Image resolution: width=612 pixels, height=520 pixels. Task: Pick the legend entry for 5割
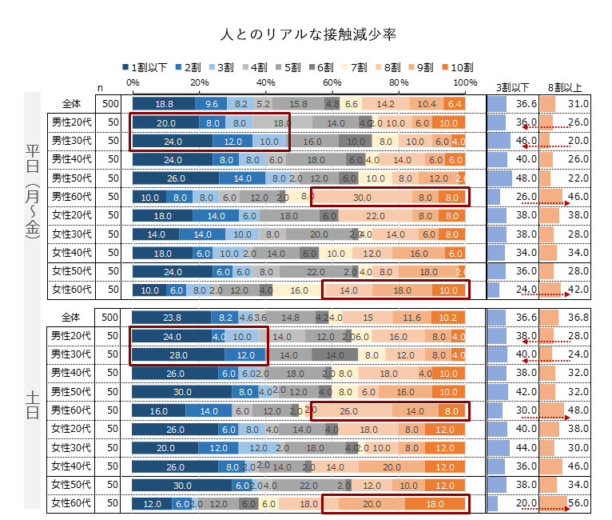302,67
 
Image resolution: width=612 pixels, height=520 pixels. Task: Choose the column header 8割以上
564,86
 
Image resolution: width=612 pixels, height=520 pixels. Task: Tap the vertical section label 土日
32,404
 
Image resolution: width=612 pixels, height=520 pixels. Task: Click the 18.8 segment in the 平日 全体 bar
164,104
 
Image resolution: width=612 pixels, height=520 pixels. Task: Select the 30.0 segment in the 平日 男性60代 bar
362,197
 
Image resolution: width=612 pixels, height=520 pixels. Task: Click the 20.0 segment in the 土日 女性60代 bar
372,504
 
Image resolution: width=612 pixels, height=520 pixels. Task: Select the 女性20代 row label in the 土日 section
72,429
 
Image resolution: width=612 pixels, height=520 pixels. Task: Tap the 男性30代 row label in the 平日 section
72,141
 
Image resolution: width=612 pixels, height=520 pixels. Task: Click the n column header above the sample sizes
101,87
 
